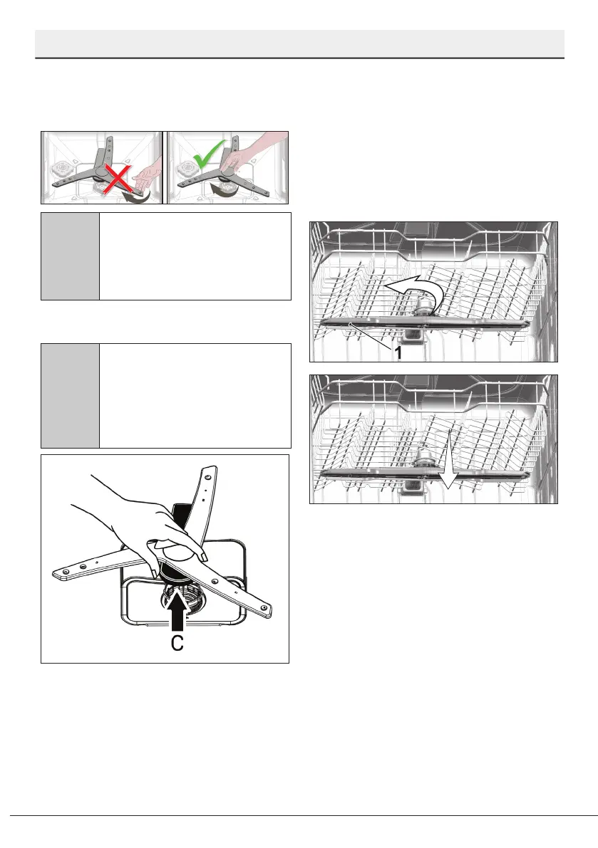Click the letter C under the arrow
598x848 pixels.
[x=177, y=642]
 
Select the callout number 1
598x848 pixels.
[x=398, y=352]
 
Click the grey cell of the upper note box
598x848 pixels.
[x=71, y=256]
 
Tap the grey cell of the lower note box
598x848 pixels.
[x=71, y=396]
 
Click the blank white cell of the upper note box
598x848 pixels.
[x=195, y=256]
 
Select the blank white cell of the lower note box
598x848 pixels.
[x=195, y=396]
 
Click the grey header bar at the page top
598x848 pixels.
[x=299, y=43]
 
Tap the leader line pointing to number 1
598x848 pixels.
[x=371, y=335]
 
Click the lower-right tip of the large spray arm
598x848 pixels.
[x=269, y=614]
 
